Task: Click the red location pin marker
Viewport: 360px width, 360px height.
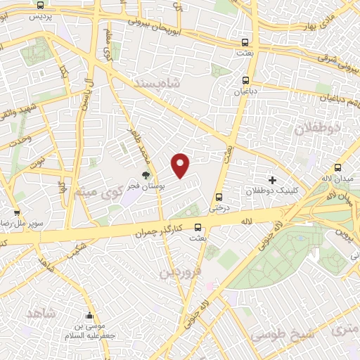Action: pos(181,165)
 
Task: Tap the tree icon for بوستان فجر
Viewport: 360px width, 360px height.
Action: pos(146,175)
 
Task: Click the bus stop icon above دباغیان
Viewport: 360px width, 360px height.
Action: pos(245,79)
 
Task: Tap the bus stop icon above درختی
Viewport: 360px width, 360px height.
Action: pos(219,197)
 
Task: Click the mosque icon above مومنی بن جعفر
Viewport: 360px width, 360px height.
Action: pos(89,316)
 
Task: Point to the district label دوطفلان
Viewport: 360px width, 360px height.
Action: pos(316,128)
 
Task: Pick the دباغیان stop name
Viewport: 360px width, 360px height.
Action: pos(245,90)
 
